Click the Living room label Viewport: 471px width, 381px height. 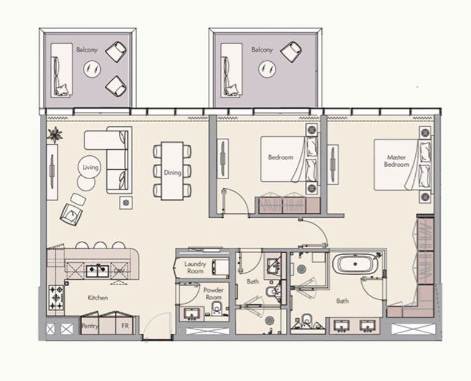(90, 167)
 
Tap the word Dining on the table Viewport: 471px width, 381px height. (172, 172)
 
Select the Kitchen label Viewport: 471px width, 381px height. (98, 298)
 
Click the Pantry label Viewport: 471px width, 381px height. (90, 325)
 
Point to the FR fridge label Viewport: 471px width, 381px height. (125, 325)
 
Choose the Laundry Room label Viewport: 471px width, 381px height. (195, 267)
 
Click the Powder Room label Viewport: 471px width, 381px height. (213, 293)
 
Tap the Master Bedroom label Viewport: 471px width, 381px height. (397, 161)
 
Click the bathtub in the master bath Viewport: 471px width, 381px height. (355, 264)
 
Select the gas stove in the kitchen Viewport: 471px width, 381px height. (56, 298)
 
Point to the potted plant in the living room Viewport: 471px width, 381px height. (55, 134)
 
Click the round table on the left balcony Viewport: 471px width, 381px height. (92, 69)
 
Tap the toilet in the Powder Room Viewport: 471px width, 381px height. (216, 308)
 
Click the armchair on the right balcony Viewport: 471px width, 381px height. (291, 52)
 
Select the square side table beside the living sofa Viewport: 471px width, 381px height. (126, 203)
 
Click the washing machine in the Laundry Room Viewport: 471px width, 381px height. (220, 267)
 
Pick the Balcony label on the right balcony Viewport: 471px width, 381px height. (262, 50)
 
